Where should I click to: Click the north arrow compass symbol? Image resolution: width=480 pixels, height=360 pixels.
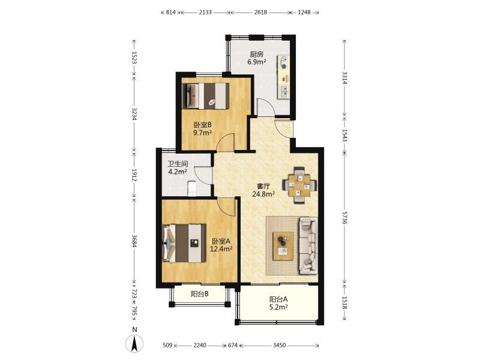(134, 344)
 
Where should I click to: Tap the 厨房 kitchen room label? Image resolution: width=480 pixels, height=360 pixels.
(257, 55)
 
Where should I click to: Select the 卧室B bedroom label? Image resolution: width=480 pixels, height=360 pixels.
(203, 125)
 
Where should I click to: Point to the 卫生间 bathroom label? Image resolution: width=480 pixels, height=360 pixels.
(178, 164)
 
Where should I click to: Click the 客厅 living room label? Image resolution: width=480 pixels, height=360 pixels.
(263, 186)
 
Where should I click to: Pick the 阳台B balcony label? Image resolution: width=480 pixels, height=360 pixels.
(200, 294)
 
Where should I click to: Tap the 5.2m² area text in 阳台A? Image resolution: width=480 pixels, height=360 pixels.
(278, 307)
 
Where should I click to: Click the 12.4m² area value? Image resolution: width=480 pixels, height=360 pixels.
(221, 249)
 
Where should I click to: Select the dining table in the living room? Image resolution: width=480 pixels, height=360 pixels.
(299, 185)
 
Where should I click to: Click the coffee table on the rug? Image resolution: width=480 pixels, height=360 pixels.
(283, 246)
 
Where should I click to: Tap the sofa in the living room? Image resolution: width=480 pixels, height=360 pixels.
(308, 245)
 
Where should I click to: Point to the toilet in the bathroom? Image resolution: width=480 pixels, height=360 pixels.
(191, 188)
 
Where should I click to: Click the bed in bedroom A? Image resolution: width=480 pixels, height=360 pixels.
(184, 244)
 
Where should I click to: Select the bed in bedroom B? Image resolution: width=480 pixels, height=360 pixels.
(205, 96)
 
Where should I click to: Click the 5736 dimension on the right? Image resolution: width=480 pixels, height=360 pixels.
(344, 218)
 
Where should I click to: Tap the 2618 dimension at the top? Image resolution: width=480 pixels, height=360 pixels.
(260, 12)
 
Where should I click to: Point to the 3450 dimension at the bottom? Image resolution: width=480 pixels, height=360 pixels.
(279, 346)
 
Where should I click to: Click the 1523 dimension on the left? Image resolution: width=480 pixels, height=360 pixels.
(134, 57)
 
